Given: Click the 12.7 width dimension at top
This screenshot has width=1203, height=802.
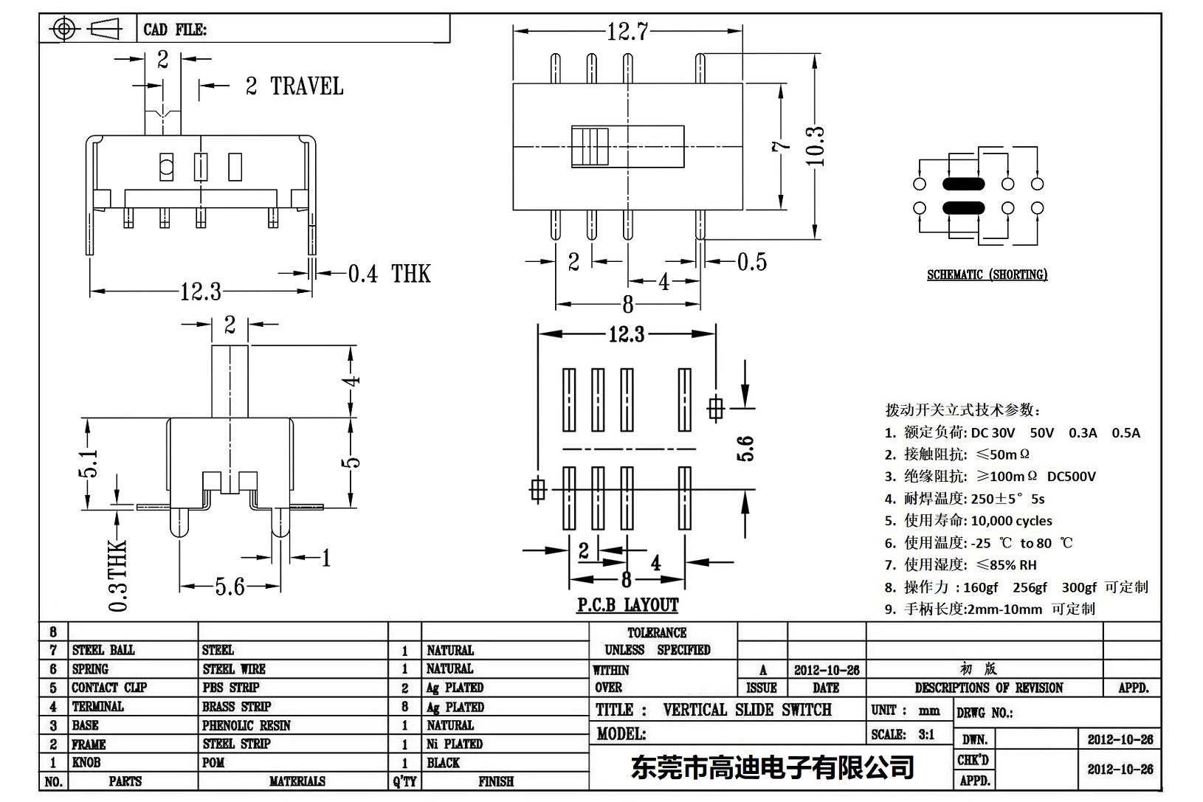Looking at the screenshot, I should coord(627,32).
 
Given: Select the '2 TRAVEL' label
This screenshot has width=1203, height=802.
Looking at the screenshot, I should coord(294,86).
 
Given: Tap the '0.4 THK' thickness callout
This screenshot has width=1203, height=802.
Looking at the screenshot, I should coord(389,274).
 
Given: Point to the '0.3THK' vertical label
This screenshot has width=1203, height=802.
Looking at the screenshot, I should coord(118,576).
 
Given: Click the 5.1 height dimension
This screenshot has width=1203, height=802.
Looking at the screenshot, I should coord(88,464).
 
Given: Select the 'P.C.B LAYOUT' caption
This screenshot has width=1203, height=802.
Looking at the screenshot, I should coord(627,606).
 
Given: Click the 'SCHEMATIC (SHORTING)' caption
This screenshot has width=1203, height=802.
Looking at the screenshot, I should coord(987,274).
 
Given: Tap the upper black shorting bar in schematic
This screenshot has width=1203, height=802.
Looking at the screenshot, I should coord(963,184).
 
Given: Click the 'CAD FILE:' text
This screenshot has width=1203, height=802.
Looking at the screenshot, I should coord(175,30).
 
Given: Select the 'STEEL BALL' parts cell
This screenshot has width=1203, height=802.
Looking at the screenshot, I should coord(103,650).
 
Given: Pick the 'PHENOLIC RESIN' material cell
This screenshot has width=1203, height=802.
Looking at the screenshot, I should coord(246,725).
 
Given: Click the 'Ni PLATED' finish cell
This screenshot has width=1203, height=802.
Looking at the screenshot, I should coord(454,744).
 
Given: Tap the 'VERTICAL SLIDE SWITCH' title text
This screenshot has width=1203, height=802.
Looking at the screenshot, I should coord(747,710).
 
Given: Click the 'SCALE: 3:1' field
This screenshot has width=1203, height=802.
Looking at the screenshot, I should coord(903,734).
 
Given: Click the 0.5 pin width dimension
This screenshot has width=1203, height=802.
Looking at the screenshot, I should coord(751,262).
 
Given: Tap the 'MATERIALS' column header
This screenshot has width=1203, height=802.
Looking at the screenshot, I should coord(297,781).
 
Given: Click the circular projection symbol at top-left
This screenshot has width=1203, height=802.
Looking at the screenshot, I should coord(65,30).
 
